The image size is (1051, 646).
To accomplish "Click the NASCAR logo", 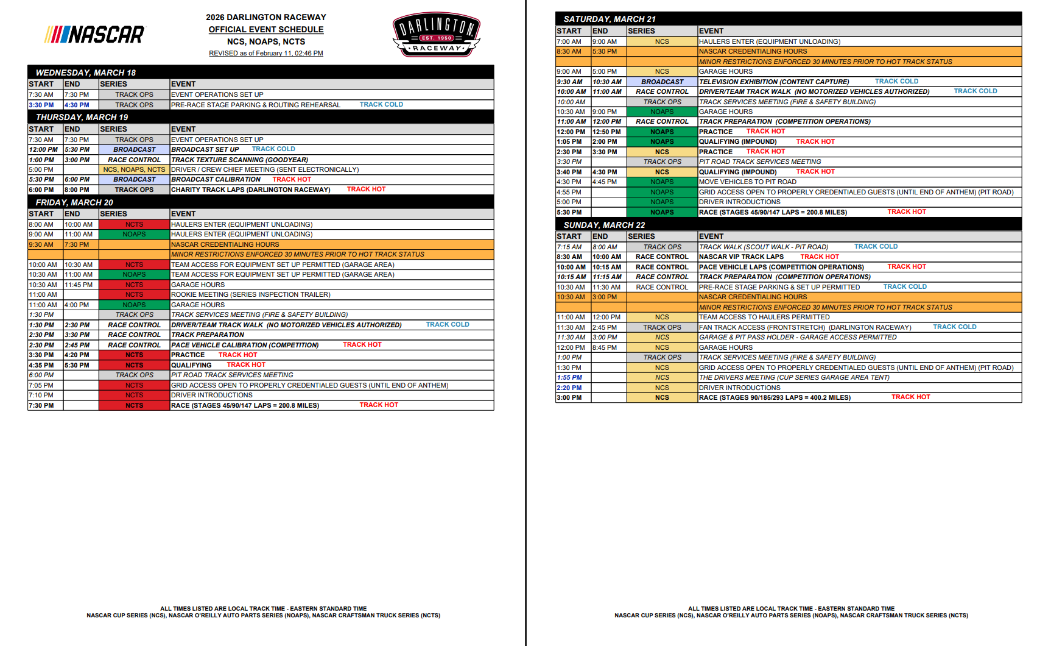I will click(95, 34).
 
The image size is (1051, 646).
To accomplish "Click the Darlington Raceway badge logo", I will click(437, 35).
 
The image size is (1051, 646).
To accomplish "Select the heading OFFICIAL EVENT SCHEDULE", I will click(266, 29).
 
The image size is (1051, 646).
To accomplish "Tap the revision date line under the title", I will click(266, 54).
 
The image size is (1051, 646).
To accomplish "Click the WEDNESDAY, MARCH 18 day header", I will click(85, 73).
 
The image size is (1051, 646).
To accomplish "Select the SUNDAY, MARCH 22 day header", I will click(604, 225).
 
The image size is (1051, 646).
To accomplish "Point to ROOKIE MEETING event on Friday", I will click(250, 295).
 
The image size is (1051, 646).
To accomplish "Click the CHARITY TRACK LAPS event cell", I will click(250, 190).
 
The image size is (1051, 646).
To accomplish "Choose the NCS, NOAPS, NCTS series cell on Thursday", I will click(134, 169).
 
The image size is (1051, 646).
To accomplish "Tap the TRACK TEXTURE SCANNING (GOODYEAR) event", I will click(239, 160).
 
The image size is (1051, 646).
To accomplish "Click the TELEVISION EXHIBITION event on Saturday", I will click(773, 82).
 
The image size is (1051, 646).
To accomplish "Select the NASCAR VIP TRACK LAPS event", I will click(741, 257).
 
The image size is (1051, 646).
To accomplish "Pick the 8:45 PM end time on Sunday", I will click(605, 347).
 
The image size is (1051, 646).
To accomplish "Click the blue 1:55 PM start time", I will click(569, 378).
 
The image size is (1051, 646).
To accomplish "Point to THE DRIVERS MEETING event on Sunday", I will click(794, 378).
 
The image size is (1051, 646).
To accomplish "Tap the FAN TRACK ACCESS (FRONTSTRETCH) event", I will click(804, 327).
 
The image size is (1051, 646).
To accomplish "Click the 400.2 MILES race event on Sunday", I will click(775, 397).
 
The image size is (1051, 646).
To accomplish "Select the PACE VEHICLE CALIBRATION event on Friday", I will click(245, 345).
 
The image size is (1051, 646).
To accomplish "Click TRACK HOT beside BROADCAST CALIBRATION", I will click(292, 180).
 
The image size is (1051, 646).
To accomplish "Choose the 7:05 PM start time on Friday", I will click(41, 385).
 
